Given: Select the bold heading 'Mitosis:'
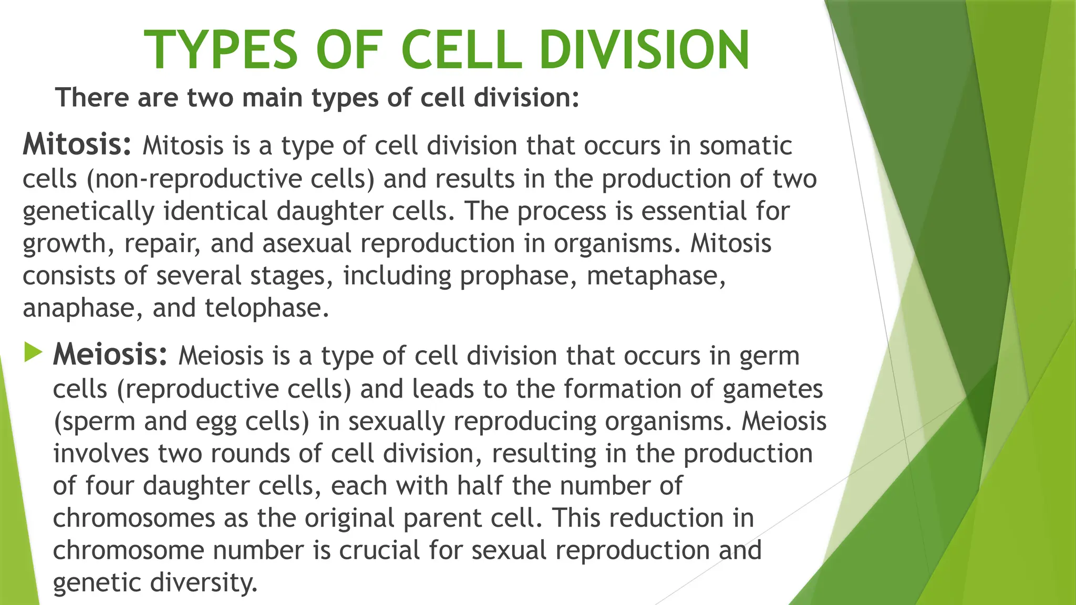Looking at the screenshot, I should click(x=77, y=144).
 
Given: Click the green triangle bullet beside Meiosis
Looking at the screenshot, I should click(x=33, y=352).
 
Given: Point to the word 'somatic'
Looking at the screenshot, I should click(x=746, y=145).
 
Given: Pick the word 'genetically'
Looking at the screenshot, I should click(x=88, y=212).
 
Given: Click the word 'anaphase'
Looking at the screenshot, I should click(x=78, y=308).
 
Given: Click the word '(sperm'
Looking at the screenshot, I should click(x=94, y=422).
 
